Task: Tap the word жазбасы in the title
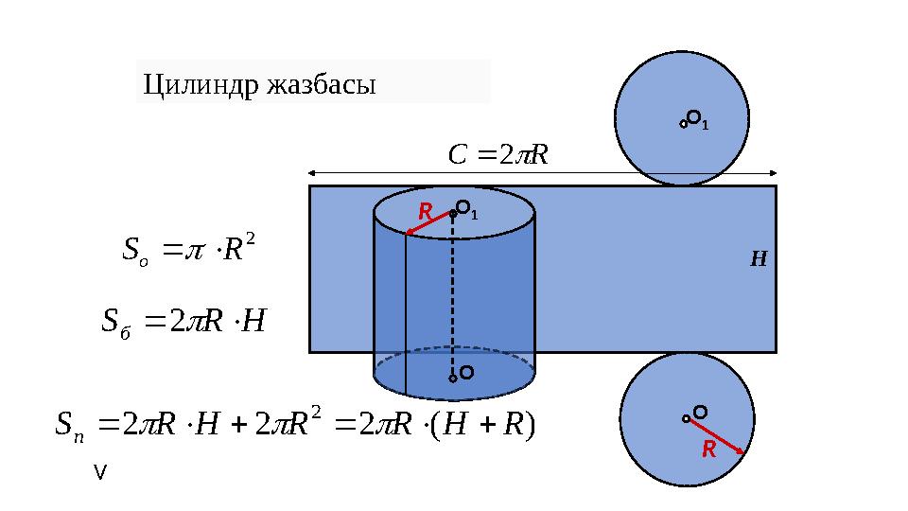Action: [322, 84]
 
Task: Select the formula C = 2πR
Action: [498, 154]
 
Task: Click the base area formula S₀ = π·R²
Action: [189, 249]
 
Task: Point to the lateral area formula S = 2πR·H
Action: [183, 322]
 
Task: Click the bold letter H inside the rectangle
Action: [759, 258]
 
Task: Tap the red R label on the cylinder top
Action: [425, 212]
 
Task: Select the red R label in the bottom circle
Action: [708, 449]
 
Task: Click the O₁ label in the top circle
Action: [698, 120]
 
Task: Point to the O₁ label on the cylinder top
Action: [466, 210]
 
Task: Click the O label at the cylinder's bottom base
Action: [466, 373]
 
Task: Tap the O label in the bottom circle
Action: [700, 413]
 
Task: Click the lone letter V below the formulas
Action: [100, 473]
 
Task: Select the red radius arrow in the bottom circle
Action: [716, 436]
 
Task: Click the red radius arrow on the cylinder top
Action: [428, 224]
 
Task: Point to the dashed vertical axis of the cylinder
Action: [453, 295]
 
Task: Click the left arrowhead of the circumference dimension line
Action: [311, 172]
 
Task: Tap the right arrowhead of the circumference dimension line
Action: [774, 172]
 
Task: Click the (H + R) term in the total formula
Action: [483, 425]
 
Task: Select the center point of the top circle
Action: [683, 124]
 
